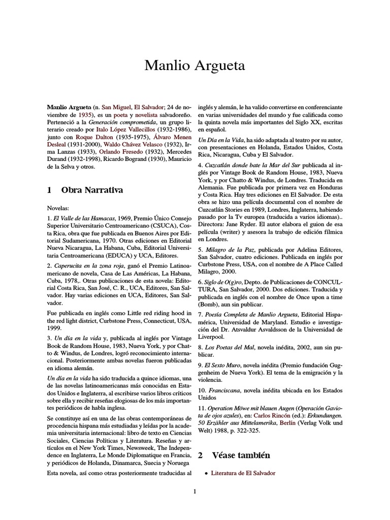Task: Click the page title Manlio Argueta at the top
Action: pyautogui.click(x=195, y=66)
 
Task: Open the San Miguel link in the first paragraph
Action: pyautogui.click(x=116, y=108)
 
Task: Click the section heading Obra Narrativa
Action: pyautogui.click(x=92, y=190)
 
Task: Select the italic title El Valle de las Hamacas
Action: pyautogui.click(x=83, y=217)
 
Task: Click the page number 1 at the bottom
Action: pyautogui.click(x=195, y=491)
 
